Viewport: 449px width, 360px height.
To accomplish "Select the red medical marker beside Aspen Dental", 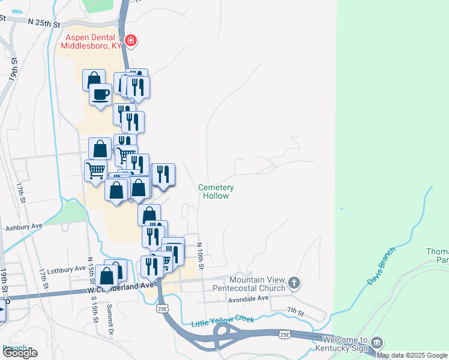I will (131, 41).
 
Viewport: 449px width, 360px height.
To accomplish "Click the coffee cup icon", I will (100, 94).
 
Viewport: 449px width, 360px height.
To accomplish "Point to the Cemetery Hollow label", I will (216, 191).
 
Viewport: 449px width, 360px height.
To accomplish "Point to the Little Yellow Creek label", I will (222, 321).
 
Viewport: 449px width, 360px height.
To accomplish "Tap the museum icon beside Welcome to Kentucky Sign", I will (377, 343).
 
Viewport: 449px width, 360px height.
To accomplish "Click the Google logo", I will (20, 353).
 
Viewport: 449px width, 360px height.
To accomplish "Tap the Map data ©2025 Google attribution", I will (412, 355).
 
